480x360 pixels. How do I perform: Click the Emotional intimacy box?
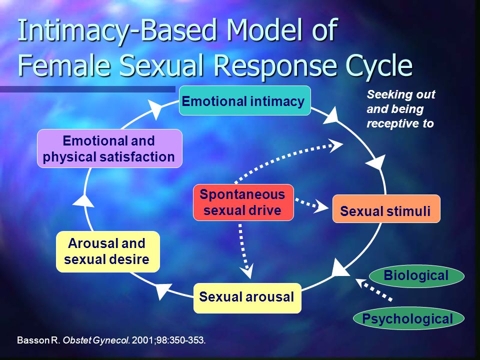click(244, 101)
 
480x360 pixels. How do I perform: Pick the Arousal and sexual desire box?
click(107, 251)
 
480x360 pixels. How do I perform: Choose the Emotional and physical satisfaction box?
click(109, 148)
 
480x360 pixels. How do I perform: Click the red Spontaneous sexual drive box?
click(243, 202)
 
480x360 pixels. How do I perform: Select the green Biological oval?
click(416, 275)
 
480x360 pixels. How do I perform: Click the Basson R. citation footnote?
click(111, 340)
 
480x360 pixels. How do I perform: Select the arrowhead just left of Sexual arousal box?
click(164, 290)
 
